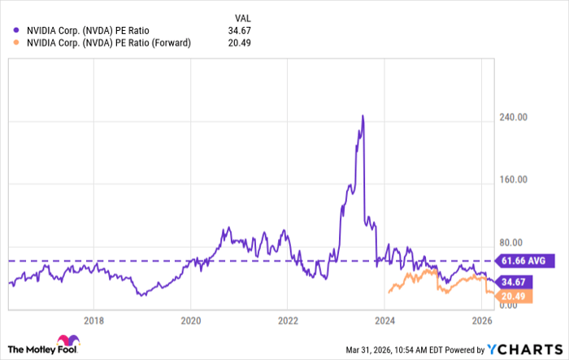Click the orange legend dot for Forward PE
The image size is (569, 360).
coord(18,43)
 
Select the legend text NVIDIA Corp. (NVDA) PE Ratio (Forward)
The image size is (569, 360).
coord(108,43)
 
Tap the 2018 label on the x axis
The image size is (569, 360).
coord(94,320)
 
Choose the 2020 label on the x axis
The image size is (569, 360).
coord(190,320)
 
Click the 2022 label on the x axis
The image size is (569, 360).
coord(288,320)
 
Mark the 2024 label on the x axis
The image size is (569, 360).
coord(384,320)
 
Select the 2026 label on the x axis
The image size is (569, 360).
coord(481,320)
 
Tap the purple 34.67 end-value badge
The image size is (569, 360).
coord(515,282)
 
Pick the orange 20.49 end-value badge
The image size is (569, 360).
coord(515,296)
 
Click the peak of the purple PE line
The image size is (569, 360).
coord(363,116)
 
